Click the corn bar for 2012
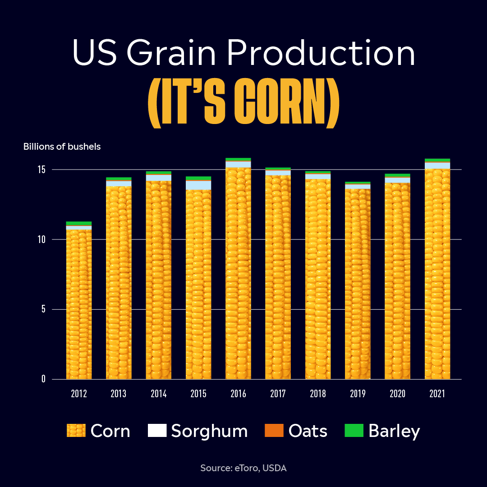pyautogui.click(x=79, y=304)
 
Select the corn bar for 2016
pyautogui.click(x=238, y=273)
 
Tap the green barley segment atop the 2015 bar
pyautogui.click(x=198, y=178)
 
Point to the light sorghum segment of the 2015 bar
pyautogui.click(x=198, y=185)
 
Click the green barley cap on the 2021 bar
pyautogui.click(x=437, y=160)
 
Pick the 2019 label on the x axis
pyautogui.click(x=358, y=394)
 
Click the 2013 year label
pyautogui.click(x=119, y=394)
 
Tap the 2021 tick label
pyautogui.click(x=437, y=394)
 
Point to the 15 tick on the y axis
pyautogui.click(x=41, y=170)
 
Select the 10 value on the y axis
pyautogui.click(x=41, y=239)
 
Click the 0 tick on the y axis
pyautogui.click(x=43, y=379)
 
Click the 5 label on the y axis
pyautogui.click(x=43, y=309)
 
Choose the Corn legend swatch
pyautogui.click(x=76, y=431)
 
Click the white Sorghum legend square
pyautogui.click(x=157, y=431)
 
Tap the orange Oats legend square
pyautogui.click(x=274, y=431)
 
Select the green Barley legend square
pyautogui.click(x=354, y=431)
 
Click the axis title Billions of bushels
pyautogui.click(x=62, y=147)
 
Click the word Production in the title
pyautogui.click(x=321, y=52)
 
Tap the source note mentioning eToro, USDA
pyautogui.click(x=243, y=468)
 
